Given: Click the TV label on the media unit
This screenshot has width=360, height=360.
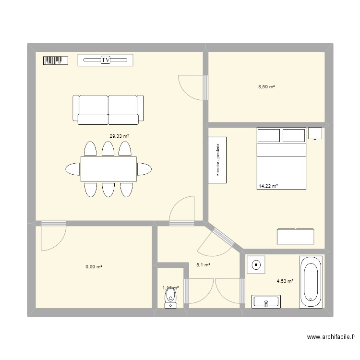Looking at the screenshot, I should pyautogui.click(x=106, y=60).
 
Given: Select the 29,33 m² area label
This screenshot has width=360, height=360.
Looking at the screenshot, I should pyautogui.click(x=119, y=136).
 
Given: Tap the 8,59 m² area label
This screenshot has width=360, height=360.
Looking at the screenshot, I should pyautogui.click(x=266, y=87).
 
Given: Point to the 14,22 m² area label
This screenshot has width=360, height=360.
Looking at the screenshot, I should pyautogui.click(x=268, y=186).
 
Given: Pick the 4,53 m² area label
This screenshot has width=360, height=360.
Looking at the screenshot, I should pyautogui.click(x=284, y=281).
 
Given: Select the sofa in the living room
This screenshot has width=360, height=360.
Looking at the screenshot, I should pyautogui.click(x=108, y=110).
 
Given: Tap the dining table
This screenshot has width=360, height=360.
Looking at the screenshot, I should pyautogui.click(x=108, y=169).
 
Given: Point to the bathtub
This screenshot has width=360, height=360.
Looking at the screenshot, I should pyautogui.click(x=312, y=282).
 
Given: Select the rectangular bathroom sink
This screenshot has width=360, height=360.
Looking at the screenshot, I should pyautogui.click(x=266, y=302).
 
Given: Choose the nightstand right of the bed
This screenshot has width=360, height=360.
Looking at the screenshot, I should pyautogui.click(x=315, y=133).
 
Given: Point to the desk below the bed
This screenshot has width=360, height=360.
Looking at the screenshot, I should pyautogui.click(x=295, y=237).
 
